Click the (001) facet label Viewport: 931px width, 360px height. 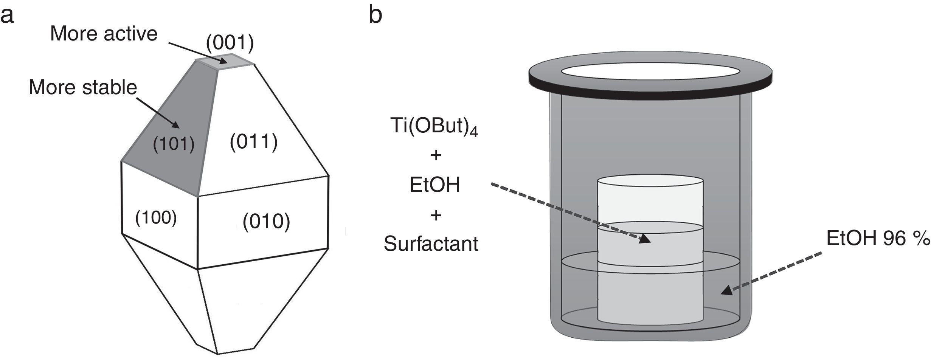click(230, 43)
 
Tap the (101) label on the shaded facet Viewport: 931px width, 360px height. click(174, 144)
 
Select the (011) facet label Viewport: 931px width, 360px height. click(254, 142)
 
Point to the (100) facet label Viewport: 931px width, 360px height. click(156, 218)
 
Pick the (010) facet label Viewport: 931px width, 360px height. click(266, 221)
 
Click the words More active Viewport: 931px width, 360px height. click(104, 34)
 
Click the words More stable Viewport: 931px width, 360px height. click(83, 87)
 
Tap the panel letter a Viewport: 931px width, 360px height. click(7, 16)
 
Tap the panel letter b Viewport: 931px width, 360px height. click(375, 15)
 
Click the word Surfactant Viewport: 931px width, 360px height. click(431, 244)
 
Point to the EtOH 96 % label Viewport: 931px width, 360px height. click(878, 239)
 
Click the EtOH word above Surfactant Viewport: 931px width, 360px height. click(435, 185)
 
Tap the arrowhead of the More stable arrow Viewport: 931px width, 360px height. click(176, 125)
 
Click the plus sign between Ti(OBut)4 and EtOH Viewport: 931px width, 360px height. click(436, 155)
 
